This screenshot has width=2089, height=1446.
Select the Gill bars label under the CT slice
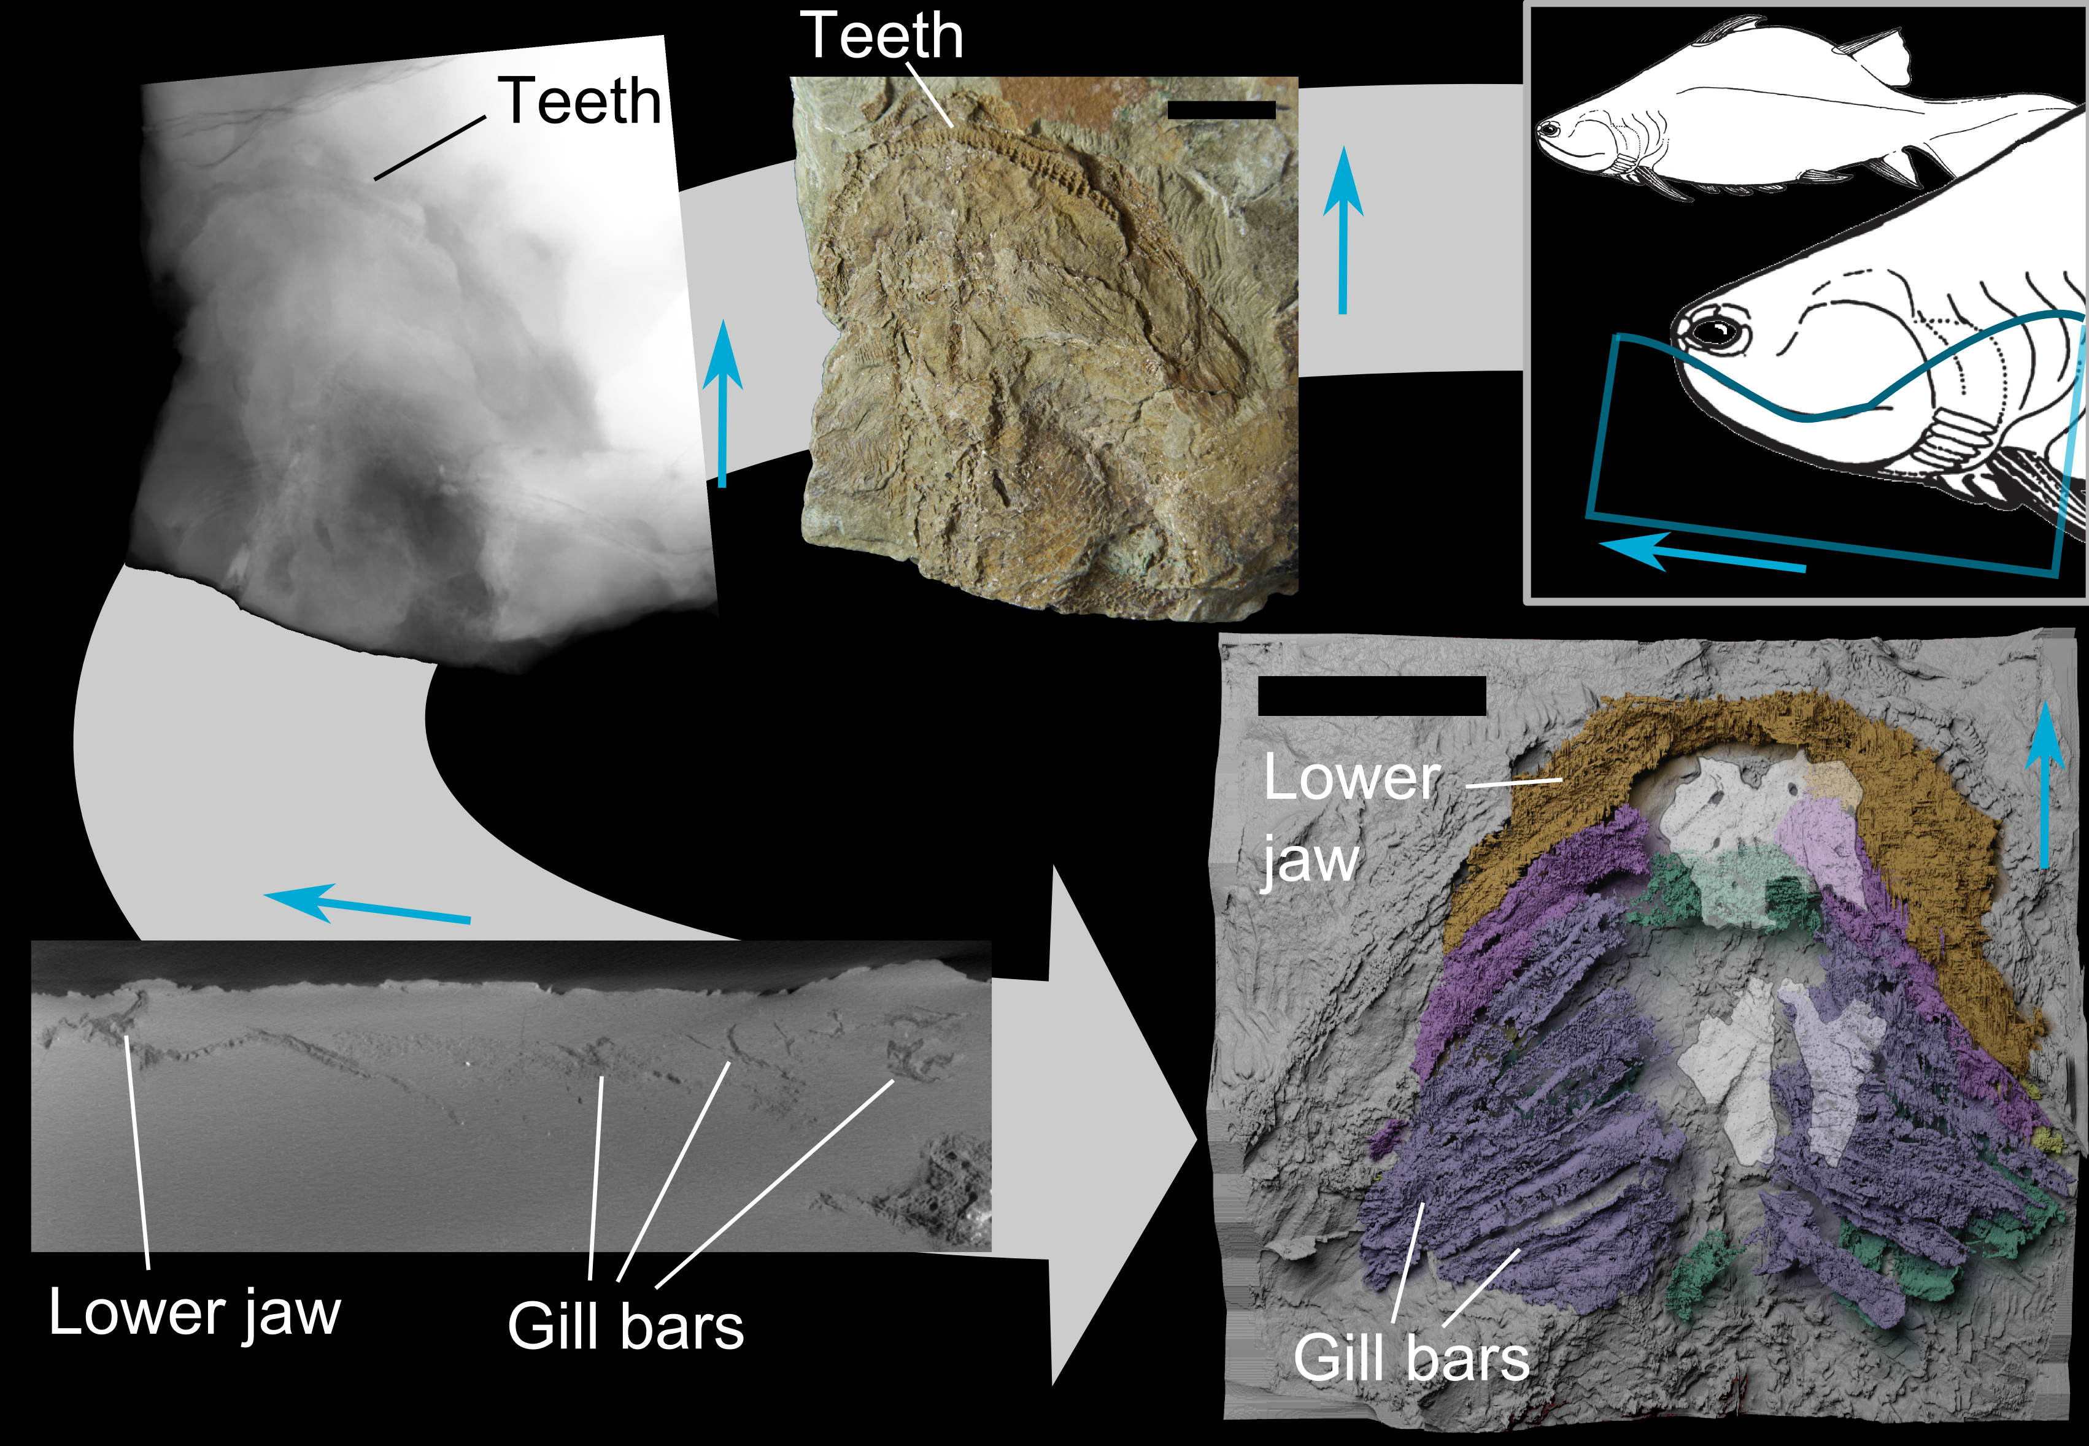pyautogui.click(x=625, y=1326)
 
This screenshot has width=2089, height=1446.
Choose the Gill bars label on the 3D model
pyautogui.click(x=1411, y=1357)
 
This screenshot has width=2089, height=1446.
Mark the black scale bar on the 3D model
pyautogui.click(x=1371, y=696)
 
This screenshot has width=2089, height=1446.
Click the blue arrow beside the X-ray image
pyautogui.click(x=722, y=403)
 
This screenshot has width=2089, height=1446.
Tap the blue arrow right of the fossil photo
pyautogui.click(x=1342, y=231)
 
